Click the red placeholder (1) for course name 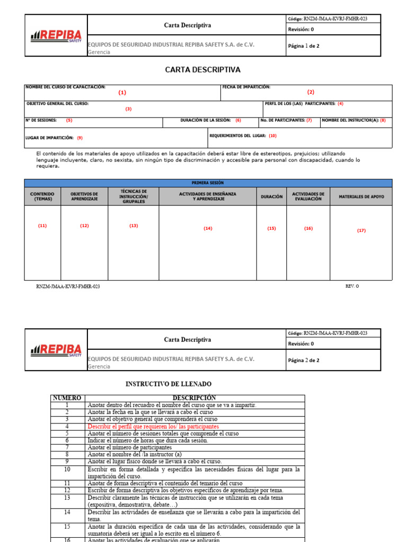click(x=122, y=93)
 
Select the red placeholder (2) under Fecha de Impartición click(x=311, y=92)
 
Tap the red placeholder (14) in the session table click(x=208, y=228)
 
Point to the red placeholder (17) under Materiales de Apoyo click(x=361, y=230)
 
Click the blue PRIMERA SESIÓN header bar click(x=208, y=183)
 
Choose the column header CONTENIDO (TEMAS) click(x=42, y=196)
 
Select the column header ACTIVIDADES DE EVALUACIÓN click(x=308, y=196)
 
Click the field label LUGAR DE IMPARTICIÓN click(x=49, y=138)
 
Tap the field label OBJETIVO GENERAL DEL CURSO click(x=57, y=104)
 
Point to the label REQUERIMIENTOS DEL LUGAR click(x=237, y=135)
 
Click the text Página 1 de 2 click(x=304, y=46)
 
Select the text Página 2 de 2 click(x=304, y=360)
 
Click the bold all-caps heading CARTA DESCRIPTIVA click(x=203, y=70)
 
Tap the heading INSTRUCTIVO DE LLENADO click(x=168, y=384)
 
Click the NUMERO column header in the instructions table click(x=67, y=398)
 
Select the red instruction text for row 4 click(x=153, y=426)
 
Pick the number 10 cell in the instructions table click(x=67, y=469)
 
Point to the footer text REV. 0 click(x=352, y=286)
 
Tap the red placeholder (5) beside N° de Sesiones click(x=69, y=120)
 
